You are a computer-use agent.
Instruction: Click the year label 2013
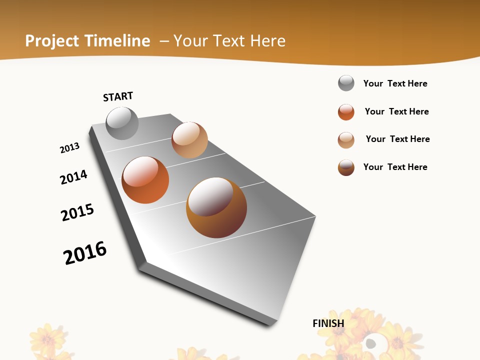click(x=70, y=147)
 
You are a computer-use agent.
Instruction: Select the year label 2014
click(x=74, y=177)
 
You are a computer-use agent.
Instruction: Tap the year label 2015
click(x=77, y=212)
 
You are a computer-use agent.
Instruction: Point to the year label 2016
click(x=85, y=253)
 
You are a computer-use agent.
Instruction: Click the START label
click(x=118, y=96)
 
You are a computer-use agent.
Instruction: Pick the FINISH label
click(x=328, y=323)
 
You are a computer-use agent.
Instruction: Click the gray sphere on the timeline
click(x=122, y=123)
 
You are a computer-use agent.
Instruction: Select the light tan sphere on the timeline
click(x=189, y=140)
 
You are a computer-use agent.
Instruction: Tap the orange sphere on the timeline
click(x=145, y=180)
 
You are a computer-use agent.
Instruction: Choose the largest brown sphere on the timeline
click(x=216, y=207)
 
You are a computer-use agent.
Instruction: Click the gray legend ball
click(x=346, y=83)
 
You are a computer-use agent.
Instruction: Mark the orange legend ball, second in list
click(x=346, y=112)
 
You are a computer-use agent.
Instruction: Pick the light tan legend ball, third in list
click(x=346, y=140)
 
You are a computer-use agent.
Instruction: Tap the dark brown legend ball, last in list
click(x=346, y=167)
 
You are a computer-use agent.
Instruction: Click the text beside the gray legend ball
click(x=395, y=83)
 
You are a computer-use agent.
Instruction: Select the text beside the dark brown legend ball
click(x=395, y=167)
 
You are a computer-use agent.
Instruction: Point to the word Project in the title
click(x=52, y=41)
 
